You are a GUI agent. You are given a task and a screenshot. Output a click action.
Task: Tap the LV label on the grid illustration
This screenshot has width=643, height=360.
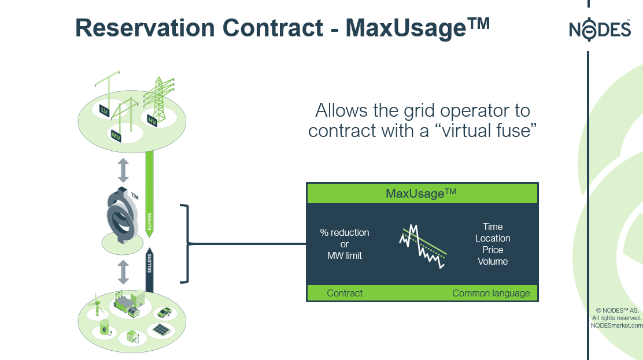pyautogui.click(x=105, y=110)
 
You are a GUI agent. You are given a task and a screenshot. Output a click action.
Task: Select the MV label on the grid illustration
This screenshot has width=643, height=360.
pyautogui.click(x=116, y=135)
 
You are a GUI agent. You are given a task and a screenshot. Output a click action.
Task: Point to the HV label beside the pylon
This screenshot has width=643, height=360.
pyautogui.click(x=152, y=120)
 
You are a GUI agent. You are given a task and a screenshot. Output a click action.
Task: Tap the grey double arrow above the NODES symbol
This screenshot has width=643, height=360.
pyautogui.click(x=123, y=170)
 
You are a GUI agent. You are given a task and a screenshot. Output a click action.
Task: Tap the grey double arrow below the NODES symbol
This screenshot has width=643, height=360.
pyautogui.click(x=123, y=271)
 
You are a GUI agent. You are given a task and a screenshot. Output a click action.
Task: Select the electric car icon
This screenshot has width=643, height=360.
pyautogui.click(x=165, y=313)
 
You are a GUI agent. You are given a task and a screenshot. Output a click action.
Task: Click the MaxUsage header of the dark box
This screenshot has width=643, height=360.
pyautogui.click(x=421, y=194)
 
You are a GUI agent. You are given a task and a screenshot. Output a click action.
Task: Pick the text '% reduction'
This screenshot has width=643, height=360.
pyautogui.click(x=345, y=232)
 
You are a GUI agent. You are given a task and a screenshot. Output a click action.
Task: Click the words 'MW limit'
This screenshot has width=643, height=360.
pyautogui.click(x=345, y=255)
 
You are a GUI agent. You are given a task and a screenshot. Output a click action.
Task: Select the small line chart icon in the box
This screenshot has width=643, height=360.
pyautogui.click(x=423, y=245)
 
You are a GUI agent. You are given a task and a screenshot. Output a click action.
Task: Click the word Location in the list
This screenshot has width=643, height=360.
pyautogui.click(x=493, y=238)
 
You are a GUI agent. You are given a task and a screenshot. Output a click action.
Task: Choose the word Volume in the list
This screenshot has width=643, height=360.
pyautogui.click(x=493, y=261)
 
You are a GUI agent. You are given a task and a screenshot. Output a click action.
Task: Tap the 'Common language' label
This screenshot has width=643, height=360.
pyautogui.click(x=491, y=293)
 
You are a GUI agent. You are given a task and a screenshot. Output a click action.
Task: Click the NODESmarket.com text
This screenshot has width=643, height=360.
pyautogui.click(x=616, y=325)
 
